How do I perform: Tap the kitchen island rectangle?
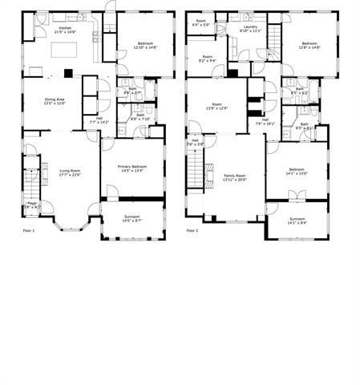pyautogui.click(x=65, y=50)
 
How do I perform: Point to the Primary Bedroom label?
pyautogui.click(x=131, y=168)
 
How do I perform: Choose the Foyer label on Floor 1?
pyautogui.click(x=31, y=205)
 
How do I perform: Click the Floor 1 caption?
pyautogui.click(x=30, y=231)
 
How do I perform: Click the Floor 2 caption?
pyautogui.click(x=192, y=231)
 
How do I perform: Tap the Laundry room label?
pyautogui.click(x=251, y=29)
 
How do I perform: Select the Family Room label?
pyautogui.click(x=235, y=177)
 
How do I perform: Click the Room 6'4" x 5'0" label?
pyautogui.click(x=200, y=23)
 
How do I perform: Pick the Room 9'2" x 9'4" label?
pyautogui.click(x=207, y=59)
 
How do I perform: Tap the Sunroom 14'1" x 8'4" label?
pyautogui.click(x=297, y=221)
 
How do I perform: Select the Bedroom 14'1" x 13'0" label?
pyautogui.click(x=296, y=172)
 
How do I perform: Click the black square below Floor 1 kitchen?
pyautogui.click(x=69, y=73)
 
